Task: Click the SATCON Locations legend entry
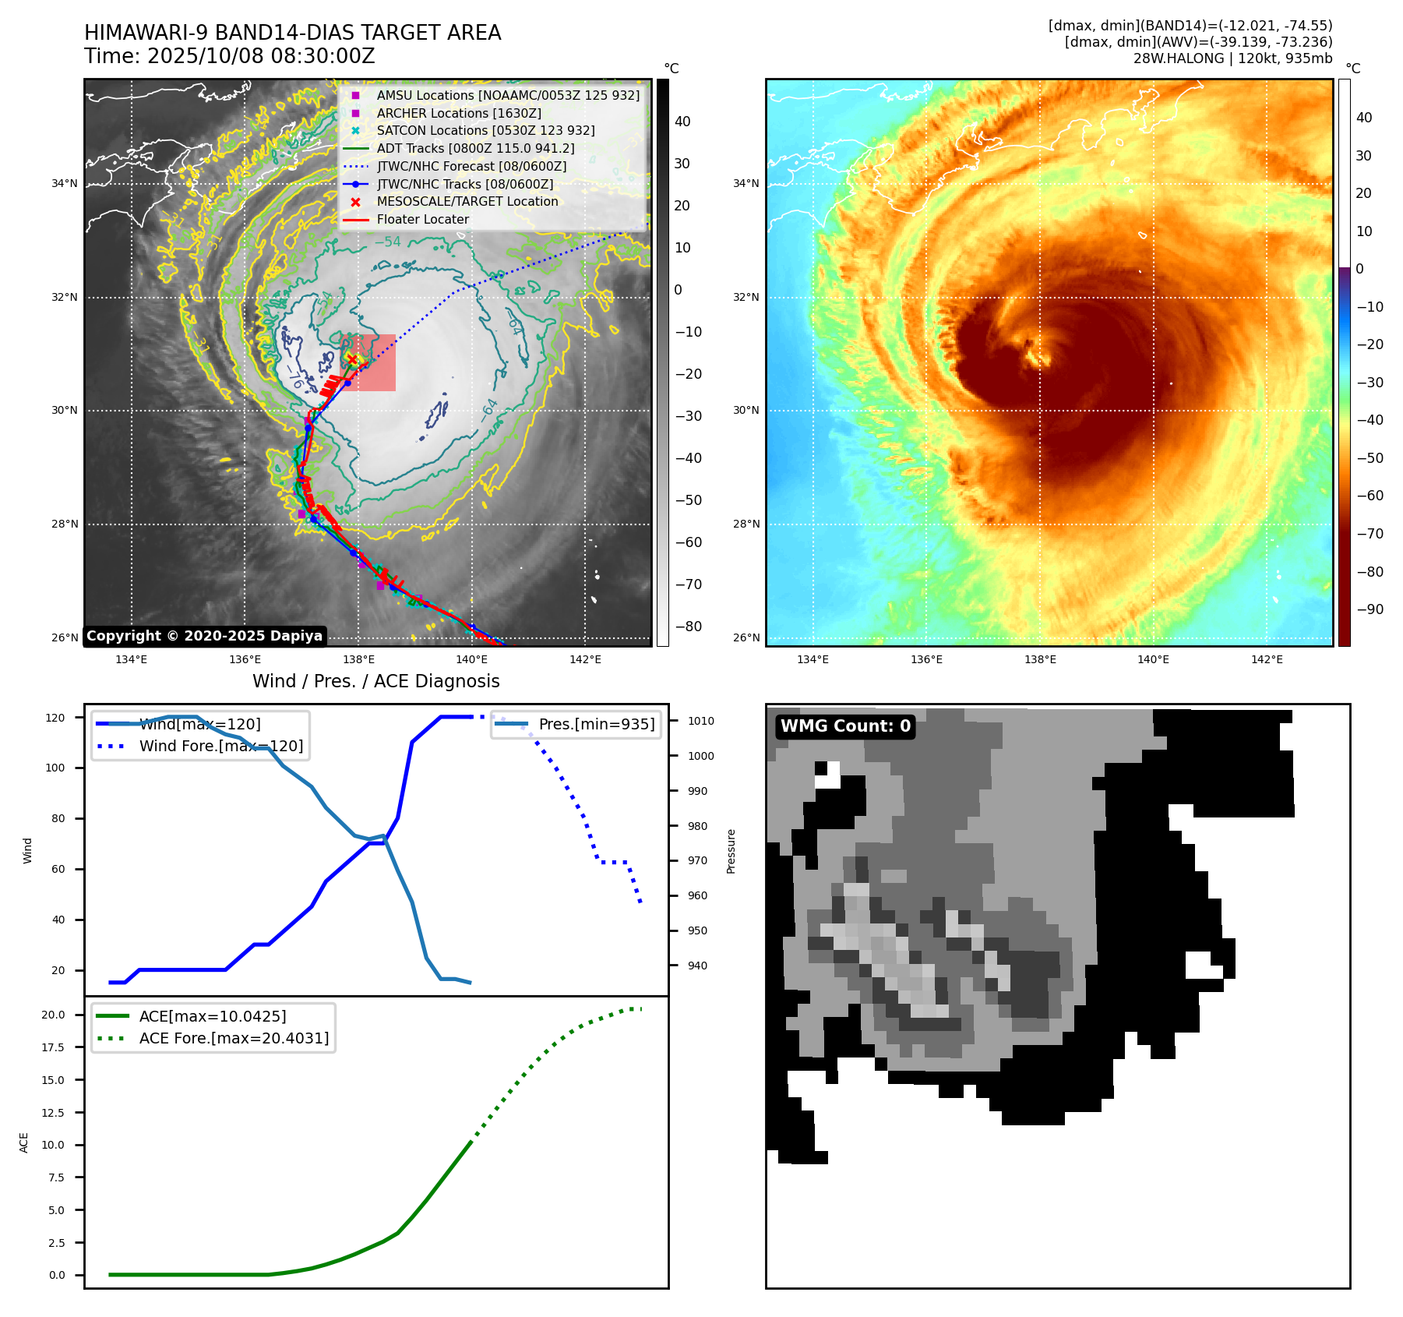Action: [x=485, y=131]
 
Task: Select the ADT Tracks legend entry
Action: [x=475, y=149]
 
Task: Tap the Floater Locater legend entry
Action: [x=422, y=220]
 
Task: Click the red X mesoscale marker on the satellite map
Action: [x=352, y=359]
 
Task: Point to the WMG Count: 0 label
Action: [x=845, y=726]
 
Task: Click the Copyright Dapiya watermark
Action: [x=204, y=636]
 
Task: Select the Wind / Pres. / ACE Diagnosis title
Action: [x=375, y=681]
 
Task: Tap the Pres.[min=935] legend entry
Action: [x=596, y=724]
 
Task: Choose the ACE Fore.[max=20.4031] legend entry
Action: [x=234, y=1038]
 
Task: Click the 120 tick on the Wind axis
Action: [x=55, y=718]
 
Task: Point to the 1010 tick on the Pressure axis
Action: [x=700, y=721]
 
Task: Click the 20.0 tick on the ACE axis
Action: [x=53, y=1015]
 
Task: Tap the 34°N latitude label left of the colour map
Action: [x=746, y=184]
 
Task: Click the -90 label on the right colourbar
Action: [x=1370, y=609]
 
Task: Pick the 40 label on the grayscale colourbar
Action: [x=682, y=122]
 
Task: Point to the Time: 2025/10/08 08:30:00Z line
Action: [x=230, y=57]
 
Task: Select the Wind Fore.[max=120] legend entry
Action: [x=220, y=746]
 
